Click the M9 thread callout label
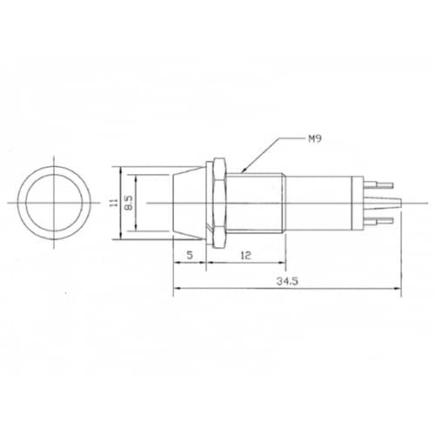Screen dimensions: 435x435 point(314,139)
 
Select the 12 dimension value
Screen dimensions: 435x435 point(245,255)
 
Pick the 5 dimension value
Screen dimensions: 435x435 point(190,255)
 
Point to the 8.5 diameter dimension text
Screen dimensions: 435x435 point(128,203)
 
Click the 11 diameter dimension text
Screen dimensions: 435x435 point(114,203)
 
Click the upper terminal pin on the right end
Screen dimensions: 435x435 point(378,184)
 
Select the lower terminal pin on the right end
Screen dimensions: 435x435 point(378,221)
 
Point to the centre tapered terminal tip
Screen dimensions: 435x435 point(383,203)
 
